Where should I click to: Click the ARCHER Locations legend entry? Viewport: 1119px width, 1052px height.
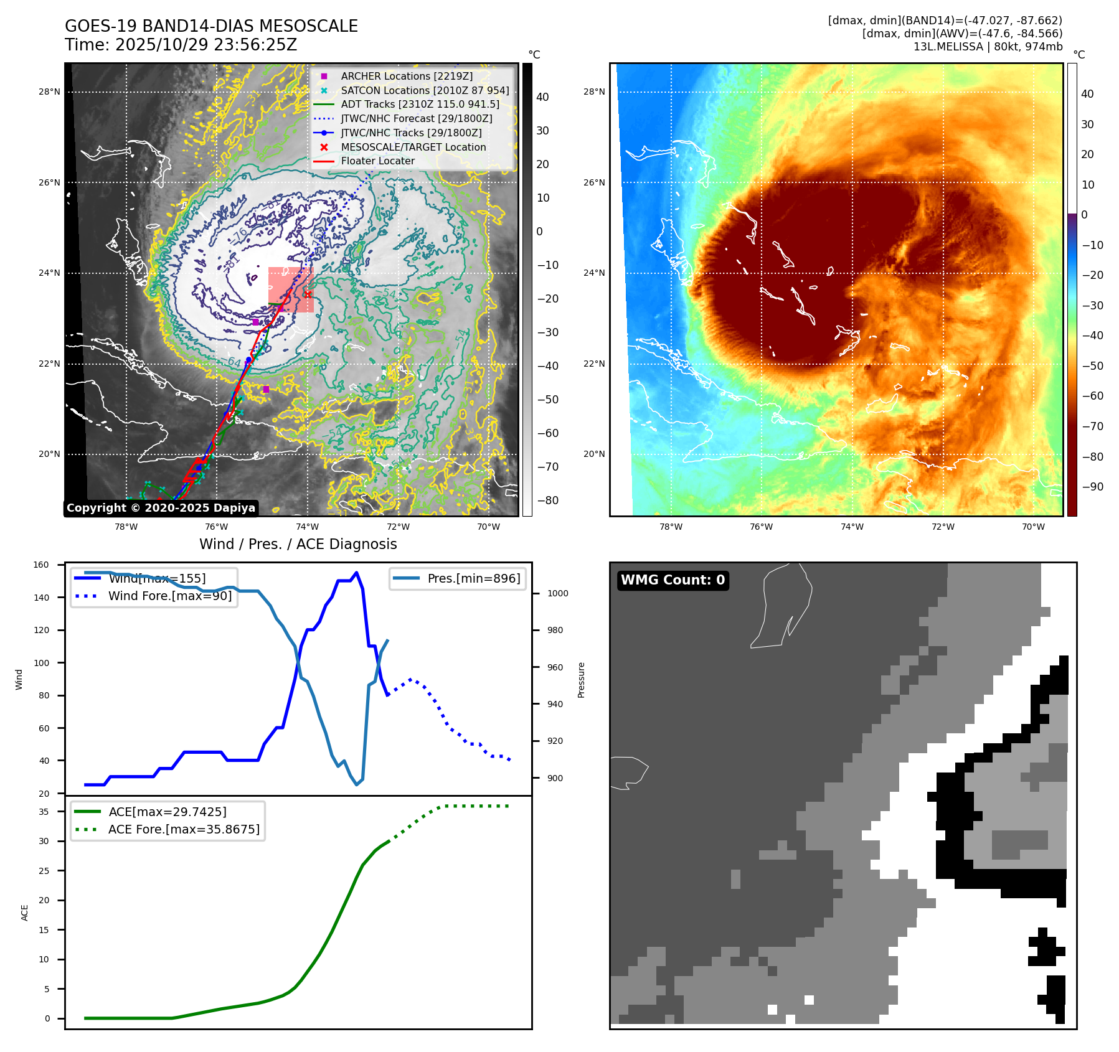point(407,76)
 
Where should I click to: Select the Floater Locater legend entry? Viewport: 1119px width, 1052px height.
point(377,161)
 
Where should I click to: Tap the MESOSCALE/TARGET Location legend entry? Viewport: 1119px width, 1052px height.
point(413,147)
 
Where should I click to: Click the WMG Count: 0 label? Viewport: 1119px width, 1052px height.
point(673,580)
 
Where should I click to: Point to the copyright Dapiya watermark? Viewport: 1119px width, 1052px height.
point(161,508)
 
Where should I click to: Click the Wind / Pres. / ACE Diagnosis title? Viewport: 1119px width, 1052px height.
point(298,544)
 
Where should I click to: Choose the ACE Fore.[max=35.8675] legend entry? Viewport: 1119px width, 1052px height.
point(184,829)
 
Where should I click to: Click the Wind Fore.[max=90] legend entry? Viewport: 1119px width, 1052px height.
point(170,596)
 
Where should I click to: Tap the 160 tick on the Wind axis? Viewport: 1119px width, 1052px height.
point(41,565)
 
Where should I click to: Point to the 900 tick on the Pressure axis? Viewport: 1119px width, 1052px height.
point(555,778)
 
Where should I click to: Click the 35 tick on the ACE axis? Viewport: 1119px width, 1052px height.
point(44,812)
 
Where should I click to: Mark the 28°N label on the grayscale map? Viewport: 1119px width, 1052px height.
point(49,92)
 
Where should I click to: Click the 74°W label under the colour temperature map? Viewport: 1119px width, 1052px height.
point(852,527)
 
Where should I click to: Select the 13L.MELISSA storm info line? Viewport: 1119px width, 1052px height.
point(988,47)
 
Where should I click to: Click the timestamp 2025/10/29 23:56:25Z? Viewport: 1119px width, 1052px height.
point(206,45)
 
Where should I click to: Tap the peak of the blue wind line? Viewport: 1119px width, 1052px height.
point(356,573)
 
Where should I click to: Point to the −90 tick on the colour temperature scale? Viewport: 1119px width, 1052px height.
point(1093,487)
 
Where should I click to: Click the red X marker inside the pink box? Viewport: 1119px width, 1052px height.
point(308,294)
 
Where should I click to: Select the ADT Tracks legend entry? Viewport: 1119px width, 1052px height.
point(420,105)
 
